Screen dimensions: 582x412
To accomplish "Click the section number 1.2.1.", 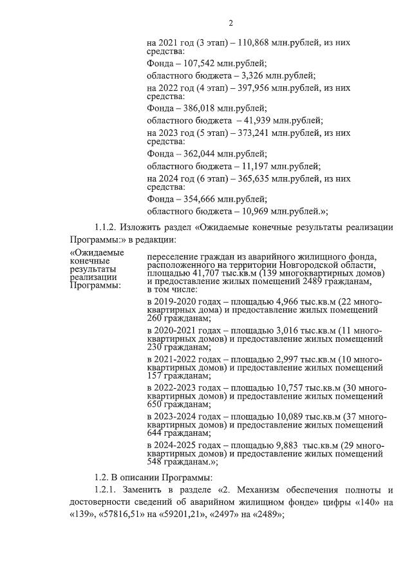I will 108,490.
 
